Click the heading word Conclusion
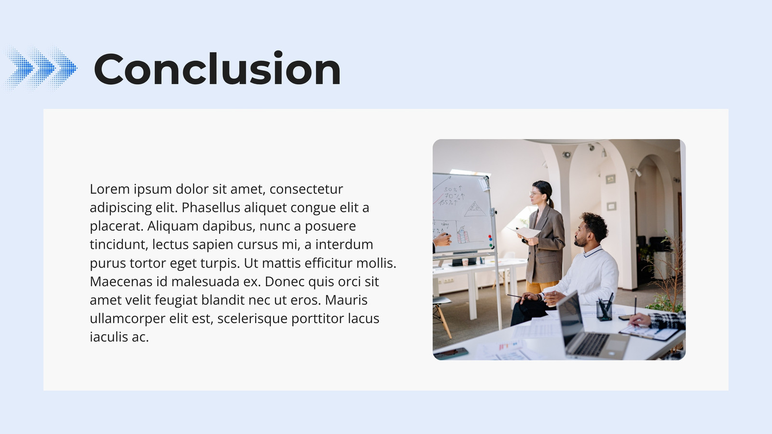(217, 68)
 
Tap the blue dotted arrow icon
(41, 68)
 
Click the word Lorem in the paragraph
(110, 189)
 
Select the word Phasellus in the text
(211, 207)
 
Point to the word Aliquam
(173, 226)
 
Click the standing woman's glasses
(535, 193)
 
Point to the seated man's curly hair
(594, 226)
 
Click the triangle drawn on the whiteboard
(475, 209)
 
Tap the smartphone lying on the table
(451, 353)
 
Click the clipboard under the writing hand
(648, 332)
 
